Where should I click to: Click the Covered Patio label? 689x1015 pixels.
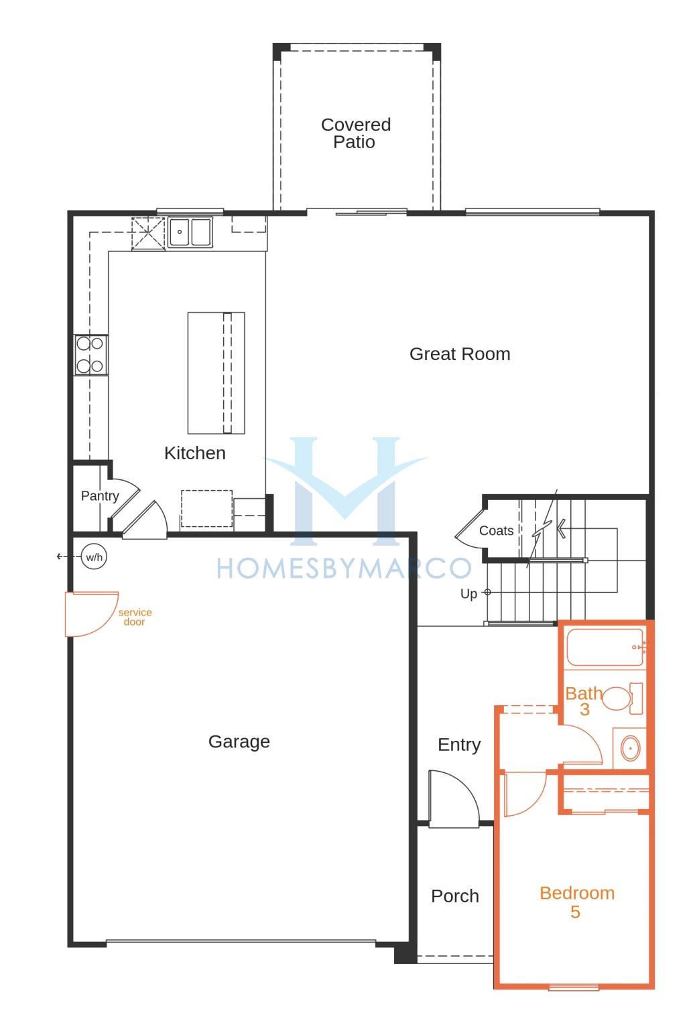(356, 133)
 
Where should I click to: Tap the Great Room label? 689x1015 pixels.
(460, 354)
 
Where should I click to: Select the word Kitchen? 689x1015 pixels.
(195, 453)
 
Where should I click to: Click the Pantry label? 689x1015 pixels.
(100, 495)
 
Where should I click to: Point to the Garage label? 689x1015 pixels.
(239, 741)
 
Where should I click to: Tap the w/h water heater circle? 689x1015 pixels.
(95, 556)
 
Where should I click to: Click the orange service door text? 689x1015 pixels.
(135, 617)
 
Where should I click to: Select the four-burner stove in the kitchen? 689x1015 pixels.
(91, 355)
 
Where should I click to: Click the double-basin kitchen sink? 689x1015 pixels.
(190, 232)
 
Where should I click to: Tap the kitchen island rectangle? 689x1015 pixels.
(216, 373)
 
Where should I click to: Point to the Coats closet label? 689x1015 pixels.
(496, 530)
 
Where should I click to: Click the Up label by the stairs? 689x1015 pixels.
(469, 593)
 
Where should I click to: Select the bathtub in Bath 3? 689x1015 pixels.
(605, 647)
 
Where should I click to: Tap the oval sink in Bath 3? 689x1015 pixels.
(630, 748)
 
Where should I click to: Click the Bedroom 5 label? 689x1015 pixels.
(576, 902)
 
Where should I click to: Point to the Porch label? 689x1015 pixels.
(455, 896)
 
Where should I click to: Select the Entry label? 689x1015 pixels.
(459, 744)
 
